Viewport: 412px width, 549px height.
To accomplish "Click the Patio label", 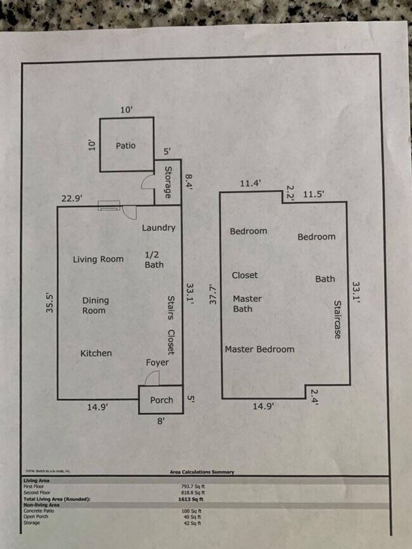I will [126, 146].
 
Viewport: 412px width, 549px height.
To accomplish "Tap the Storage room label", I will [169, 182].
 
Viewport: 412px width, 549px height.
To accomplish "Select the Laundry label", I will [158, 228].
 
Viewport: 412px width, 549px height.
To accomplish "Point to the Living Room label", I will [98, 259].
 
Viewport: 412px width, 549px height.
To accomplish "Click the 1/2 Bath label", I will [154, 260].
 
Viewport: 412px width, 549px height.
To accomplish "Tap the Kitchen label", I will [96, 353].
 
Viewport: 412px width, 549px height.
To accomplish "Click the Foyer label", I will [157, 363].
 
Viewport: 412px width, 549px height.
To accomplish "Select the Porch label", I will [161, 400].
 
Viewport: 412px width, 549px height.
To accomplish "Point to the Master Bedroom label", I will [259, 350].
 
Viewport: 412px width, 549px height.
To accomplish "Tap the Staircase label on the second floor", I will [337, 319].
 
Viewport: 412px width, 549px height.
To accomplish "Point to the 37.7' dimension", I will [214, 295].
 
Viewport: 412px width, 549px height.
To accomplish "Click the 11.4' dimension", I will [250, 184].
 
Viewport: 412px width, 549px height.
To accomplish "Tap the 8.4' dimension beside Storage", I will [188, 182].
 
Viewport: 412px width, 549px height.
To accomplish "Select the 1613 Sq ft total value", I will [191, 500].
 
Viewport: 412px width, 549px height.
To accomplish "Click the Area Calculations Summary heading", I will [202, 472].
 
